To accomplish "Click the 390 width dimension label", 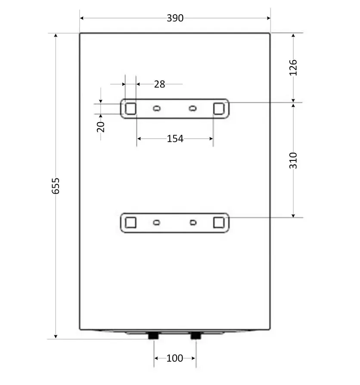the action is coord(175,18).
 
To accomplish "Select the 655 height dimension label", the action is coord(56,186).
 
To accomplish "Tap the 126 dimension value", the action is coord(293,68).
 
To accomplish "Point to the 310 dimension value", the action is coord(293,160).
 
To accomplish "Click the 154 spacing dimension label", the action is coord(175,139).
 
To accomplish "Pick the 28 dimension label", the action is coord(159,84).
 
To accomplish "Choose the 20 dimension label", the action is coord(101,127).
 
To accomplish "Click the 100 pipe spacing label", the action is coord(175,358).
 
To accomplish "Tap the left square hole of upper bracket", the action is coord(130,108).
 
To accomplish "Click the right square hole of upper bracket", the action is coord(219,108).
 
